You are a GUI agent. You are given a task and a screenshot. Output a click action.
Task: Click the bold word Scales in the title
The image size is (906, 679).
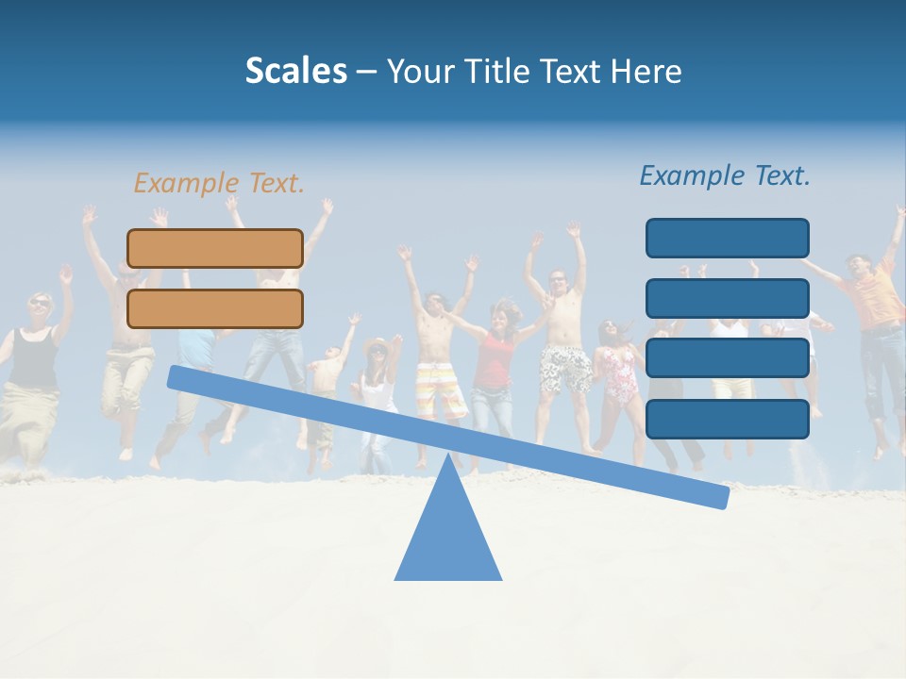pos(295,71)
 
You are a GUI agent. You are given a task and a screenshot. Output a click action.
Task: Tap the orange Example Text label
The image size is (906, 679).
pos(219,183)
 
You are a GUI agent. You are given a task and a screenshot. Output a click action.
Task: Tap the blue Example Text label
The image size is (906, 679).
pos(725,175)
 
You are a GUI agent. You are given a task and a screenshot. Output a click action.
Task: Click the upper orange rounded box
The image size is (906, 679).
pos(215,248)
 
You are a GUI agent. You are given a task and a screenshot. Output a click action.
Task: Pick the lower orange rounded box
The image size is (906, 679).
pos(215,308)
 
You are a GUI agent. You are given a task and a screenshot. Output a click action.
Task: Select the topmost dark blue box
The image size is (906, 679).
pos(727,238)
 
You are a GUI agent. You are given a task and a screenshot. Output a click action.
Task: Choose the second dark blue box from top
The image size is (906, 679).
pos(727,298)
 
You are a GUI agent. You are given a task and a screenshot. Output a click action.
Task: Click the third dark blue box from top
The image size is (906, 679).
pos(727,358)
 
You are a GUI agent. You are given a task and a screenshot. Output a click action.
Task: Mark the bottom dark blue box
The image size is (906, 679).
pos(727,419)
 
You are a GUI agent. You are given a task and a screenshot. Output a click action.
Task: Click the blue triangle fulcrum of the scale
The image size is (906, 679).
pos(448,538)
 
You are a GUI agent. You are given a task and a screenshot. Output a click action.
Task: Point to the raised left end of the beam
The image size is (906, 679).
pos(179,377)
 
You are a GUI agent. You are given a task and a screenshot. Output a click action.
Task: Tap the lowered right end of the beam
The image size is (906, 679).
pos(717,496)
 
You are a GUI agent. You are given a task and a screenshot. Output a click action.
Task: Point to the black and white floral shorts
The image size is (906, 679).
pos(564,369)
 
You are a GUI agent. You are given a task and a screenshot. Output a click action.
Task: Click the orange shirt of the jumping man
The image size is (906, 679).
pos(873,297)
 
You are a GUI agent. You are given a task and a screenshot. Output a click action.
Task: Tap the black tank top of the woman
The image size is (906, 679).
pos(34,358)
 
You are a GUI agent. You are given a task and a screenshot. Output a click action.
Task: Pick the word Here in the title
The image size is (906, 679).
pos(647,71)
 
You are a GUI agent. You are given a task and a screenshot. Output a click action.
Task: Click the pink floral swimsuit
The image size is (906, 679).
pos(620,373)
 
